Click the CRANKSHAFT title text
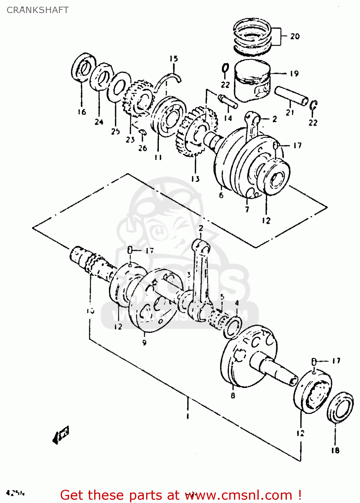(x=38, y=10)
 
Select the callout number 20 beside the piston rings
(x=295, y=36)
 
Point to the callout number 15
(x=173, y=59)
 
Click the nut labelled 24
(x=102, y=77)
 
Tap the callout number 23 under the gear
(x=130, y=139)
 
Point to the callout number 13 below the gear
(x=195, y=179)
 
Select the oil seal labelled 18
(x=340, y=406)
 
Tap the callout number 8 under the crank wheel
(x=233, y=396)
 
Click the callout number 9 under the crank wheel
(x=144, y=343)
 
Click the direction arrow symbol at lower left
(x=61, y=435)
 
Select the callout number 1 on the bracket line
(x=187, y=416)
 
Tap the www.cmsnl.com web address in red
(x=239, y=495)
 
